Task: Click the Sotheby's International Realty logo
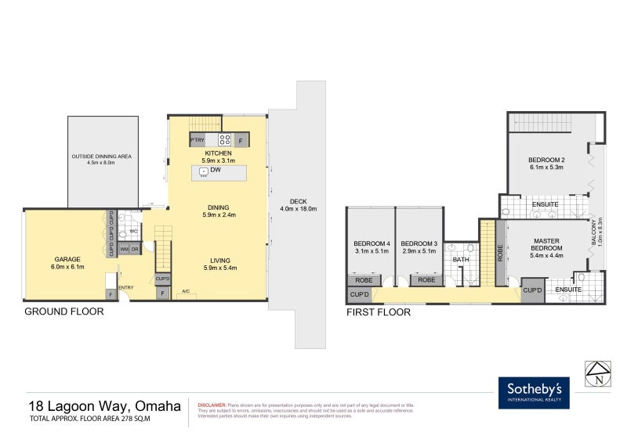pyautogui.click(x=534, y=393)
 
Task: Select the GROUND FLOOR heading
pyautogui.click(x=64, y=311)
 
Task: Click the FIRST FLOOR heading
pyautogui.click(x=378, y=312)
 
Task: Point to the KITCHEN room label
pyautogui.click(x=218, y=153)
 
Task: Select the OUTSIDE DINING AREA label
pyautogui.click(x=103, y=157)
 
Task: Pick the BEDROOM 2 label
pyautogui.click(x=547, y=160)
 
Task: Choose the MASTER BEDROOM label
pyautogui.click(x=546, y=244)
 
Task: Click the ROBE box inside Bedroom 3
pyautogui.click(x=426, y=279)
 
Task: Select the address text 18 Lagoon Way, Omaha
pyautogui.click(x=105, y=405)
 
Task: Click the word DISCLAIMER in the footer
pyautogui.click(x=212, y=405)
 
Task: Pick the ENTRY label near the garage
pyautogui.click(x=126, y=287)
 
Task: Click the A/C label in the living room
pyautogui.click(x=186, y=292)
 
